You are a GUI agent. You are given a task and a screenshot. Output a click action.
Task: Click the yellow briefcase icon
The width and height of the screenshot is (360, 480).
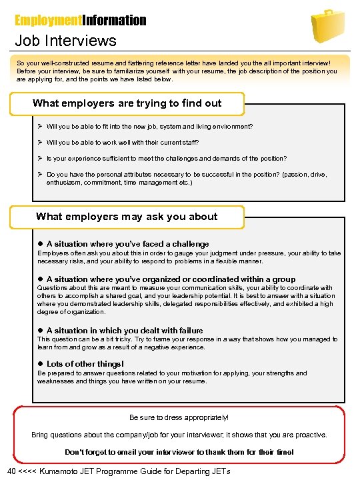(x=329, y=25)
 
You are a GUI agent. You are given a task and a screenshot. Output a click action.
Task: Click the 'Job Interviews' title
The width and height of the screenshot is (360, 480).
(x=65, y=41)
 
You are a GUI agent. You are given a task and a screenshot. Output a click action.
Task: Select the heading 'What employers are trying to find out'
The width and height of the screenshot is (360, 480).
(x=127, y=103)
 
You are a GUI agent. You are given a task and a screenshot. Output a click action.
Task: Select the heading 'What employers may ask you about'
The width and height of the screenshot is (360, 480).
(x=127, y=216)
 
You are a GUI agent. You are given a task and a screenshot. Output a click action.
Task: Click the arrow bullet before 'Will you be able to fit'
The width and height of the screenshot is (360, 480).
(x=41, y=126)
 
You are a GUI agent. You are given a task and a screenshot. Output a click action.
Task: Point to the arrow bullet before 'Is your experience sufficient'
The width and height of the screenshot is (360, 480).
(x=41, y=159)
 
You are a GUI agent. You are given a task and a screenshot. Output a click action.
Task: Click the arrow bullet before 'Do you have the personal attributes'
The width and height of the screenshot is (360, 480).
(x=41, y=175)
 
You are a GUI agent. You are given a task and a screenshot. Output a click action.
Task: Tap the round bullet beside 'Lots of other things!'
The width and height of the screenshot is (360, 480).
(x=41, y=364)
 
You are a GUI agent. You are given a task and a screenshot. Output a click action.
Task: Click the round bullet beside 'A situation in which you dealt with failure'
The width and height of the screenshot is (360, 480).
(x=41, y=331)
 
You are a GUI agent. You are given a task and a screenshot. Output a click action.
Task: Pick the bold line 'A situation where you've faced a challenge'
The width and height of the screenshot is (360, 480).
(x=127, y=244)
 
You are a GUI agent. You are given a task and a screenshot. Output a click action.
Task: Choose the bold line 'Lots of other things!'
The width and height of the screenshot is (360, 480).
(x=85, y=364)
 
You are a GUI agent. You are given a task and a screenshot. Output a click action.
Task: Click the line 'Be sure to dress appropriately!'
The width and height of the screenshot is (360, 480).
(x=179, y=417)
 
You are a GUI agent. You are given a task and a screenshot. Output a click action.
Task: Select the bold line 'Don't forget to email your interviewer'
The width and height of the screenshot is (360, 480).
(x=179, y=452)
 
